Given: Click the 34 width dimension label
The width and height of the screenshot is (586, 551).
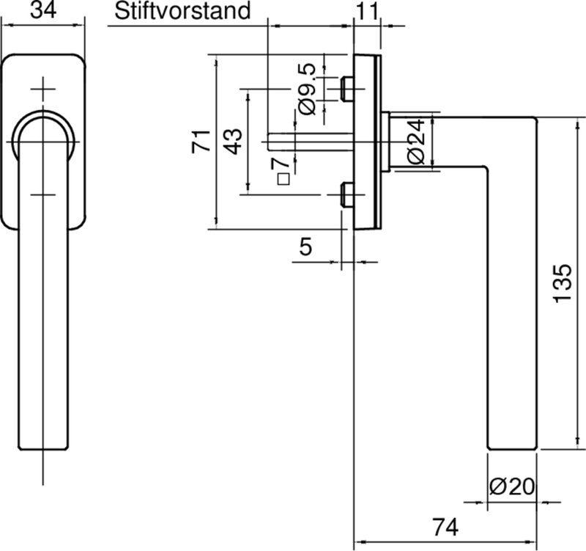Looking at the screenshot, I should click(42, 11).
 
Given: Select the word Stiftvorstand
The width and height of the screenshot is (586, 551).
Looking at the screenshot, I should click(182, 11).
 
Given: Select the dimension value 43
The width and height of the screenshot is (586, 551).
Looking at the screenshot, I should click(232, 140).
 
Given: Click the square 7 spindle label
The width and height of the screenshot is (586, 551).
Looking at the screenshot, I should click(281, 170).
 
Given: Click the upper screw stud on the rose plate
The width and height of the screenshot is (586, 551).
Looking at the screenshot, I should click(346, 89).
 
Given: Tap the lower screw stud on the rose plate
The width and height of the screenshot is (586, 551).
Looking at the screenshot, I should click(346, 195).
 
